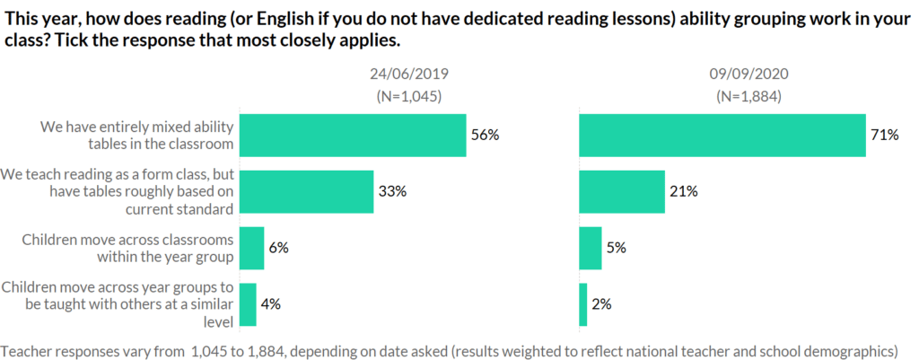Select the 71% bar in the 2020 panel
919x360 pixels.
point(722,136)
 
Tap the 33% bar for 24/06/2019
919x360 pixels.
point(308,191)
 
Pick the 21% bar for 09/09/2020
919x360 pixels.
point(622,191)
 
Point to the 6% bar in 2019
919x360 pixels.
point(253,248)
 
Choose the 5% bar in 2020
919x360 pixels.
point(591,248)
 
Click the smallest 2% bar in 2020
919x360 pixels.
point(583,304)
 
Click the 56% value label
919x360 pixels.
point(484,136)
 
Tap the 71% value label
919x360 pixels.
point(884,136)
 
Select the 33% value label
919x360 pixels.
point(391,191)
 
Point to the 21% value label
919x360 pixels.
point(683,191)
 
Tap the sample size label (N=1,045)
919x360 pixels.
point(408,96)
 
